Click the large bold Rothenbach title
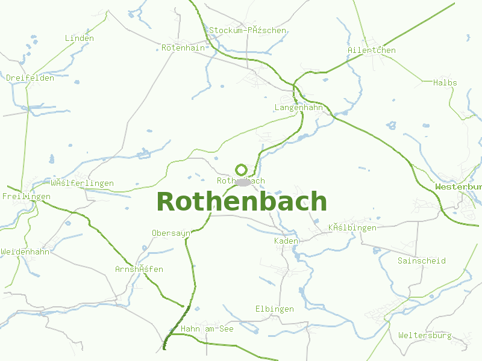(242, 202)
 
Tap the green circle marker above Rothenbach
(241, 170)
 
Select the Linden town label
(80, 39)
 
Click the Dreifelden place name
(30, 78)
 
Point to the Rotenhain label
(184, 47)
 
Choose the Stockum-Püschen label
(248, 30)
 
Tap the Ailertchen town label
(372, 50)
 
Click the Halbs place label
(445, 82)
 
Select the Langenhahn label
(299, 108)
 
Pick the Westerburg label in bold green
(459, 187)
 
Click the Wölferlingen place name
(83, 183)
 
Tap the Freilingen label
(27, 197)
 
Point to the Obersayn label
(171, 233)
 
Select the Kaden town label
(286, 241)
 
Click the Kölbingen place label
(352, 227)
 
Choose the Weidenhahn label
(25, 251)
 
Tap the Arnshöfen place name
(139, 269)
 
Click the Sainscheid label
(422, 261)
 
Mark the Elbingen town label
(275, 309)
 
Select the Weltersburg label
(425, 335)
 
